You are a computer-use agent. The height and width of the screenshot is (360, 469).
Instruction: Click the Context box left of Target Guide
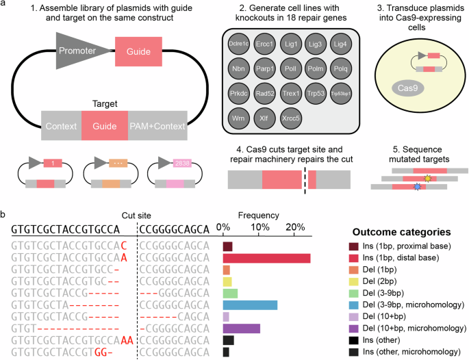pyautogui.click(x=61, y=127)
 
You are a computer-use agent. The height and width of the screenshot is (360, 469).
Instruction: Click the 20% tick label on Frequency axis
pyautogui.click(x=295, y=227)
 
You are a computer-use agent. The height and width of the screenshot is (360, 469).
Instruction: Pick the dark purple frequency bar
pyautogui.click(x=241, y=328)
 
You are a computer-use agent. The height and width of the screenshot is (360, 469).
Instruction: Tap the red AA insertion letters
pyautogui.click(x=127, y=340)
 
